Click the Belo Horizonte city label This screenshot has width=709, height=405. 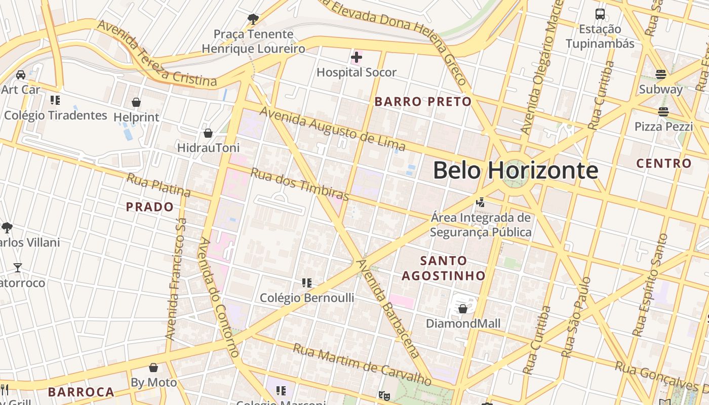point(515,171)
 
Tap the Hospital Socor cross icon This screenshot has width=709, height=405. point(357,57)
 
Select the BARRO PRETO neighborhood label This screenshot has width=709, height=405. point(423,101)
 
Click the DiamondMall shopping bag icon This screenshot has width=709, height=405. point(462,309)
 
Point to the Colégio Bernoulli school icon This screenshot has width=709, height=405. point(306,282)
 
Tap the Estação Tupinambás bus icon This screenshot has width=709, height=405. point(600,14)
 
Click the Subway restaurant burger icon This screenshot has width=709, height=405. point(660,74)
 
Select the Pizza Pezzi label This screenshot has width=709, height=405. point(663,127)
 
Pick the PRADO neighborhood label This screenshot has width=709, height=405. point(149,207)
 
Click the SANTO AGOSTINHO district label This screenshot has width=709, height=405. point(444,268)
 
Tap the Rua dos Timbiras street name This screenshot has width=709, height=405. point(300,184)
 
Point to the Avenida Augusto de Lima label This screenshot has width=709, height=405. point(332,128)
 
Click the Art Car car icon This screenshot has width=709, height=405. point(21,75)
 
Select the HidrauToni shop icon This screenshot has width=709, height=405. point(208,133)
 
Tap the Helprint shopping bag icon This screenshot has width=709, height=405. point(136,102)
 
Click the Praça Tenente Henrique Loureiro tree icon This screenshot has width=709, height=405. point(253,19)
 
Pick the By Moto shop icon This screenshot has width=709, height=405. point(153,368)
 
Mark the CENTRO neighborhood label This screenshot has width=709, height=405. point(663,163)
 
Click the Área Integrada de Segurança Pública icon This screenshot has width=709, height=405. point(480,202)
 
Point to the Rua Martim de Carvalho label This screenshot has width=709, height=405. point(362,364)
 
